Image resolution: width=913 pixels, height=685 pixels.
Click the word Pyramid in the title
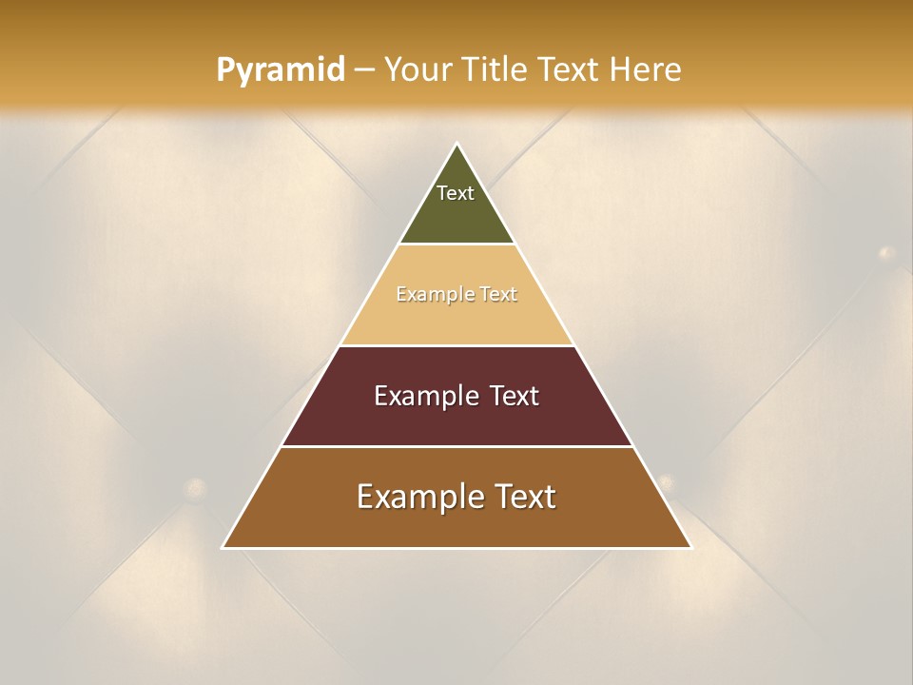coord(280,70)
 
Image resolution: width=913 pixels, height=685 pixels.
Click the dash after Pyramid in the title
coord(364,71)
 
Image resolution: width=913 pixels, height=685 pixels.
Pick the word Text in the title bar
coord(568,69)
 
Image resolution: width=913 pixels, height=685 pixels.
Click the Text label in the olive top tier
coord(456,193)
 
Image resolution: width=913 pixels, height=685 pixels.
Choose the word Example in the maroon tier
coord(424,396)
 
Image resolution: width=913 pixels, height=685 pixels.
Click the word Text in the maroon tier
coord(514,396)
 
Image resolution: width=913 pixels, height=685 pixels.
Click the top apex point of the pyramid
coord(457,145)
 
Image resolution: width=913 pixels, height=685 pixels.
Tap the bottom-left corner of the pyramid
coord(223,547)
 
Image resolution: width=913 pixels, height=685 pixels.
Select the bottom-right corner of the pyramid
coord(690,547)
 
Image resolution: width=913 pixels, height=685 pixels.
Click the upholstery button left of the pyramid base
coord(196,489)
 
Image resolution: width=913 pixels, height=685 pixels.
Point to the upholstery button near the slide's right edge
coord(886,253)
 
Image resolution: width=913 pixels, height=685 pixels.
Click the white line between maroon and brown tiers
coord(457,446)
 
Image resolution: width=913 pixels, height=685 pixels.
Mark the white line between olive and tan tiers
coord(457,245)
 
